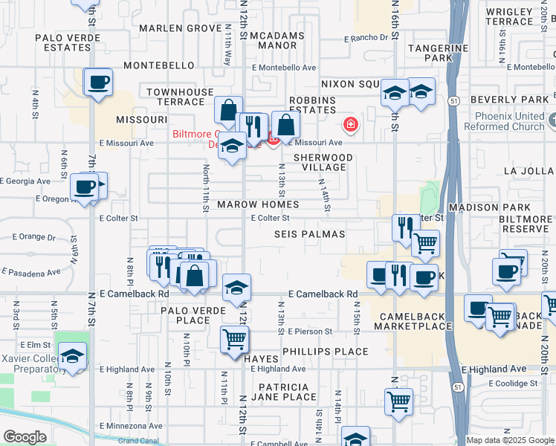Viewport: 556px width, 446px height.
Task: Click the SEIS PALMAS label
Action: click(x=310, y=234)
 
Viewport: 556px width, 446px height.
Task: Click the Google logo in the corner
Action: click(x=25, y=436)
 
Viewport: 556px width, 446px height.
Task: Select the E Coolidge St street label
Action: click(x=509, y=384)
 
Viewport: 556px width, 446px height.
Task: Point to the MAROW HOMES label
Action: click(x=258, y=204)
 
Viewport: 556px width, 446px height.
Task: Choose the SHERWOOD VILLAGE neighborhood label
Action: click(x=323, y=162)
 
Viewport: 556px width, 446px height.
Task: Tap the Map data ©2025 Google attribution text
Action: click(x=509, y=440)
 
